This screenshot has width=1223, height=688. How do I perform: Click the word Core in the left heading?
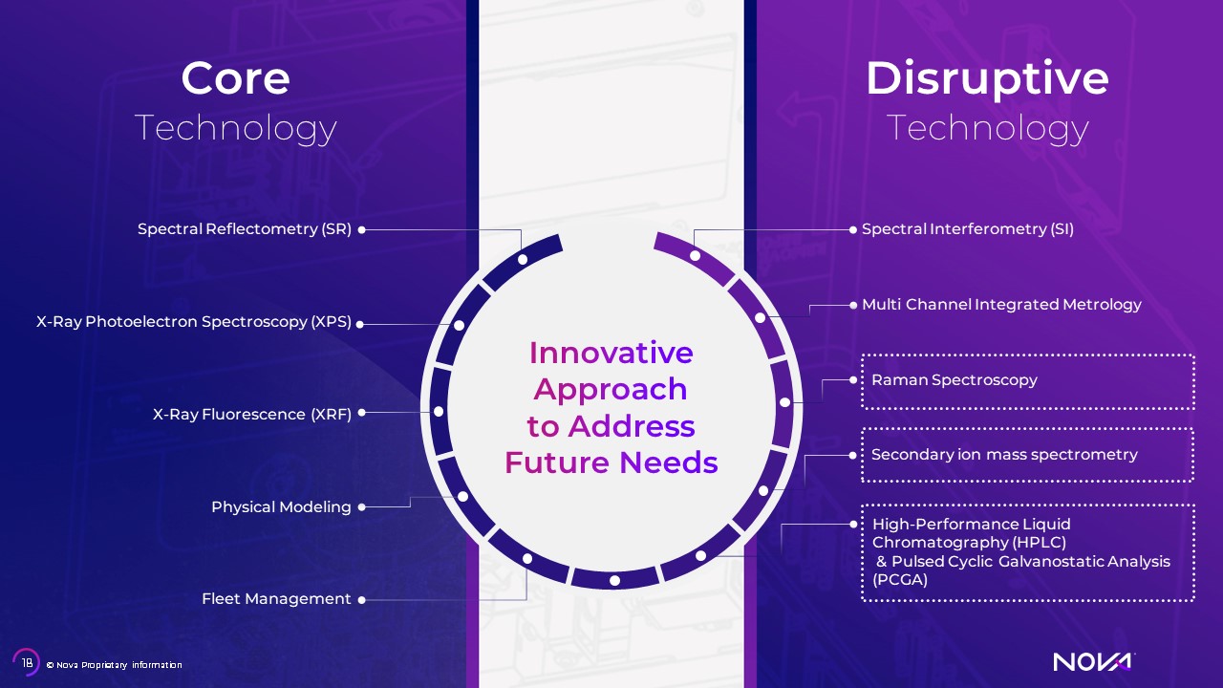tap(235, 78)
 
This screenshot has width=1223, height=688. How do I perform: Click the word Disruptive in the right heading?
tap(987, 79)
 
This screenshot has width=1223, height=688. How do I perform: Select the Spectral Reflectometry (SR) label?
tap(245, 228)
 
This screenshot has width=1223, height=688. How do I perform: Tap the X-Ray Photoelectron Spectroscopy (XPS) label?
tap(194, 322)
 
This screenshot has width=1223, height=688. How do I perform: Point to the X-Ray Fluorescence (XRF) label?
tap(252, 415)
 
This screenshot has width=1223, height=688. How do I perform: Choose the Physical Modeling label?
tap(281, 507)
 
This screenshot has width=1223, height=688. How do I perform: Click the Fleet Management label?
tap(276, 599)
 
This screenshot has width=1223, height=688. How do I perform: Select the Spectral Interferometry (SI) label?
tap(968, 228)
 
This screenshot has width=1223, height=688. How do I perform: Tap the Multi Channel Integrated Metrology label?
tap(1002, 305)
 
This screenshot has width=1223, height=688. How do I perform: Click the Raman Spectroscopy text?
tap(955, 380)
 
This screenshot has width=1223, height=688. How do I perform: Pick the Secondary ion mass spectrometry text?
tap(1004, 454)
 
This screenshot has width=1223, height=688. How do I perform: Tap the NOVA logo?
tap(1094, 662)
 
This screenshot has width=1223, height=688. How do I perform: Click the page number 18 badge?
tap(26, 662)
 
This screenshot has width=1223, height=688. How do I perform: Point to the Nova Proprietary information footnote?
tap(114, 665)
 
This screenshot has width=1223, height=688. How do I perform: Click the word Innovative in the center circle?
tap(611, 353)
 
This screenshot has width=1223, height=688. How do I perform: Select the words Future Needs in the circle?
tap(611, 462)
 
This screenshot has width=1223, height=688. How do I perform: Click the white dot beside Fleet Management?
tap(361, 600)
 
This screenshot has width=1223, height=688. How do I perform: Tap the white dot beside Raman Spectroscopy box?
tap(853, 380)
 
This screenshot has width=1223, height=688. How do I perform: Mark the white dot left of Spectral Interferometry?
tap(853, 230)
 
